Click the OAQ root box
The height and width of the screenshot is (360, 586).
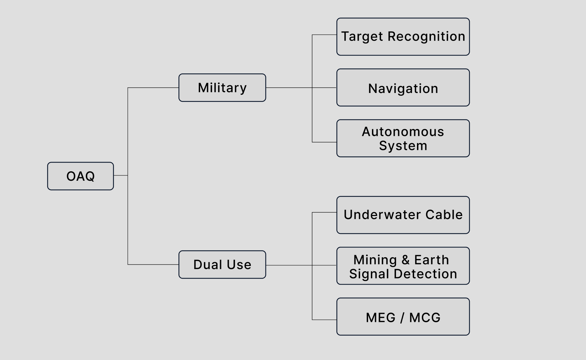point(80,176)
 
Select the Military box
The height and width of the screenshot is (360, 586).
point(222,88)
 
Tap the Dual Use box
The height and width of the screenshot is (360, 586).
point(222,265)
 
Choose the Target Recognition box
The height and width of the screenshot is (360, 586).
point(403,37)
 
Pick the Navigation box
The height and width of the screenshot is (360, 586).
point(403,88)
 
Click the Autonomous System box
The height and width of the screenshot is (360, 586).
point(403,138)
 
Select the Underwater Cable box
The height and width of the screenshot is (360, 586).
point(403,215)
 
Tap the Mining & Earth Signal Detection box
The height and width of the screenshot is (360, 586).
point(403,266)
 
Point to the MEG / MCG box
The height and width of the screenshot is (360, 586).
point(403,317)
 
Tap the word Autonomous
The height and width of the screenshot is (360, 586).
point(403,132)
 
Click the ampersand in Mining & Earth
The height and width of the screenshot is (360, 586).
point(405,260)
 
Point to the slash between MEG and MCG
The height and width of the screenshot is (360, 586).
point(402,318)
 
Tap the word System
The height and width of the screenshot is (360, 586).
point(403,146)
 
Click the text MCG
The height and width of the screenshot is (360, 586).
point(425,318)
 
